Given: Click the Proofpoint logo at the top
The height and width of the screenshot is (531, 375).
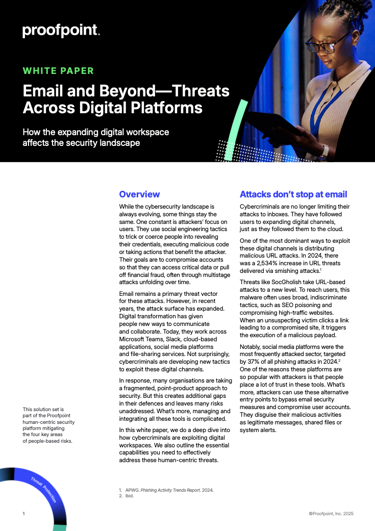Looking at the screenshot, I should [61, 31].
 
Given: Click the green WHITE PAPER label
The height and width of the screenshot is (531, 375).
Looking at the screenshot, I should [58, 71].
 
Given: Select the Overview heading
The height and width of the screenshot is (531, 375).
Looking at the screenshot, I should [139, 194].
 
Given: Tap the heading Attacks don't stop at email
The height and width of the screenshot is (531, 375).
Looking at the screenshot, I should [293, 194].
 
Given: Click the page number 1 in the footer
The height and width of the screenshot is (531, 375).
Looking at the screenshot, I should [23, 513].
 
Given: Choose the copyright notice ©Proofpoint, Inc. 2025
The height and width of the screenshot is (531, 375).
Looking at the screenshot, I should [331, 514].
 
